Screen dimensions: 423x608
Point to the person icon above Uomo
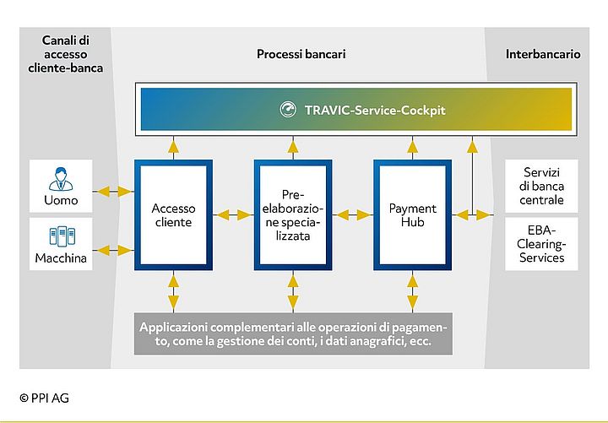[60, 180]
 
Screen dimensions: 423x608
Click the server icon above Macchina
[60, 237]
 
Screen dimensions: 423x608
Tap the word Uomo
[60, 201]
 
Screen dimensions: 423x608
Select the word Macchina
[60, 258]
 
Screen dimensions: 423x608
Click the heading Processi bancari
[301, 54]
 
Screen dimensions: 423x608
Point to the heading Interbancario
[543, 54]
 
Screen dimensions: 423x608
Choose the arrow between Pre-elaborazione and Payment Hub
[353, 215]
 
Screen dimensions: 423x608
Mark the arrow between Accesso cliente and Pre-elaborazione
[234, 215]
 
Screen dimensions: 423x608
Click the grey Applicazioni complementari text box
[293, 334]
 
